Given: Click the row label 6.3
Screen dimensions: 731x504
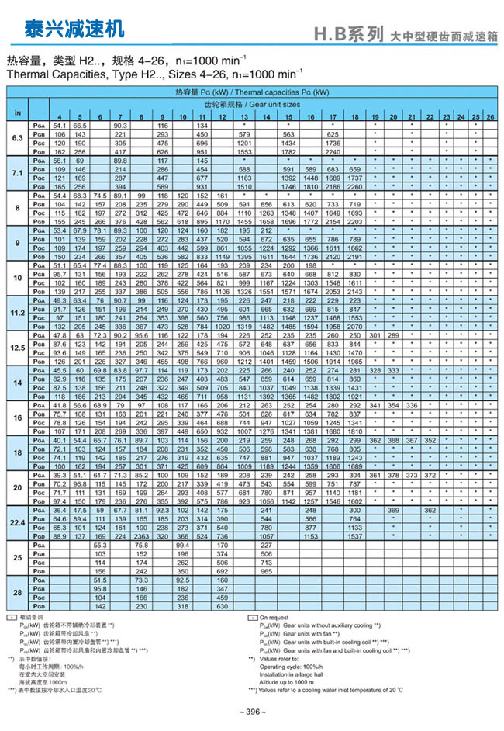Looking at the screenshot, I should point(17,137).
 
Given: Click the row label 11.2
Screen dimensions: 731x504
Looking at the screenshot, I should point(17,311).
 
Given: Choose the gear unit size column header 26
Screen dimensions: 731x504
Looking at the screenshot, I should point(490,116).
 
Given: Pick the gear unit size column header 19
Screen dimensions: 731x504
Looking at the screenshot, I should point(375,116).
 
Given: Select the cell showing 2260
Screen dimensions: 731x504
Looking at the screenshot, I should point(354,187).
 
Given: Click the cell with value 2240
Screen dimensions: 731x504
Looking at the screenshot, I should point(333,153).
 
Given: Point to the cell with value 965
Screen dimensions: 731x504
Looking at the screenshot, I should point(267,570).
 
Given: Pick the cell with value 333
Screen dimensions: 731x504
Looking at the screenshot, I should point(394,370).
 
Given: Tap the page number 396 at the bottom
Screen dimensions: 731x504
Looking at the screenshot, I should point(252,712).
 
